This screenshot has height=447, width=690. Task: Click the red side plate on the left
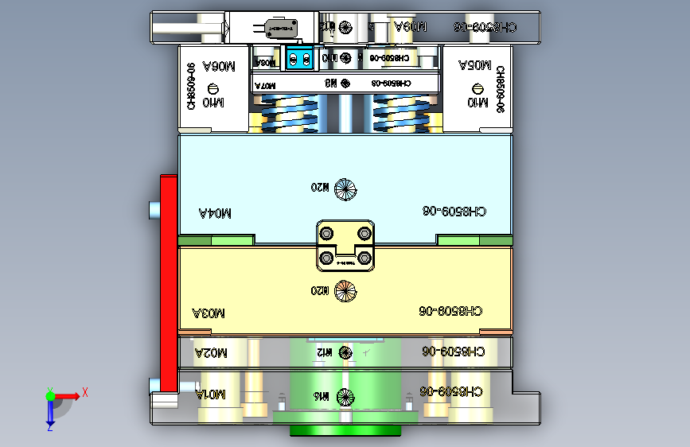click(169, 282)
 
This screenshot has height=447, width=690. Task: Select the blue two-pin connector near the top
click(298, 58)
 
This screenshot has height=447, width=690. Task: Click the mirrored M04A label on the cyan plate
click(215, 213)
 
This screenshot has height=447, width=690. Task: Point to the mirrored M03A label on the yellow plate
click(209, 313)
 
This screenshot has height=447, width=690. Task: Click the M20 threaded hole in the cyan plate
click(345, 189)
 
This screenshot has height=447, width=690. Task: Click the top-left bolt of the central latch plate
click(327, 233)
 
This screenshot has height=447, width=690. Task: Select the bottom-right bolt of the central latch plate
click(364, 258)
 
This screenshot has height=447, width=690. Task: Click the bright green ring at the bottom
click(345, 431)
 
